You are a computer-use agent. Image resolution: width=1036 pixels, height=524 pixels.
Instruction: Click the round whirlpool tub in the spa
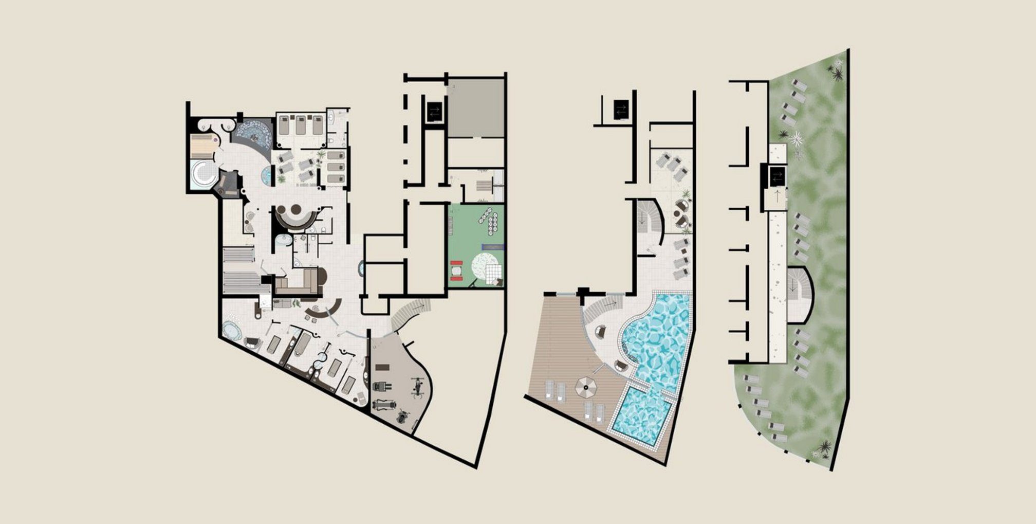(x=203, y=174)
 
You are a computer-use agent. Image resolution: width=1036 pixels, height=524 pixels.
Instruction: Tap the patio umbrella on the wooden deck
(x=584, y=387)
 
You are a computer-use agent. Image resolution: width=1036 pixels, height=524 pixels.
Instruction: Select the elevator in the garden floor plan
(x=776, y=177)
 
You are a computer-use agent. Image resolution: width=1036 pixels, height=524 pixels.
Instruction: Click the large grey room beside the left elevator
(x=475, y=108)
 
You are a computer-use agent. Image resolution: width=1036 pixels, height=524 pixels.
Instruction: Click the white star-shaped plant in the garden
(x=797, y=138)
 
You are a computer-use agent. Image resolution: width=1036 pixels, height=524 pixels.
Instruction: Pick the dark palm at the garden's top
(x=837, y=75)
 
